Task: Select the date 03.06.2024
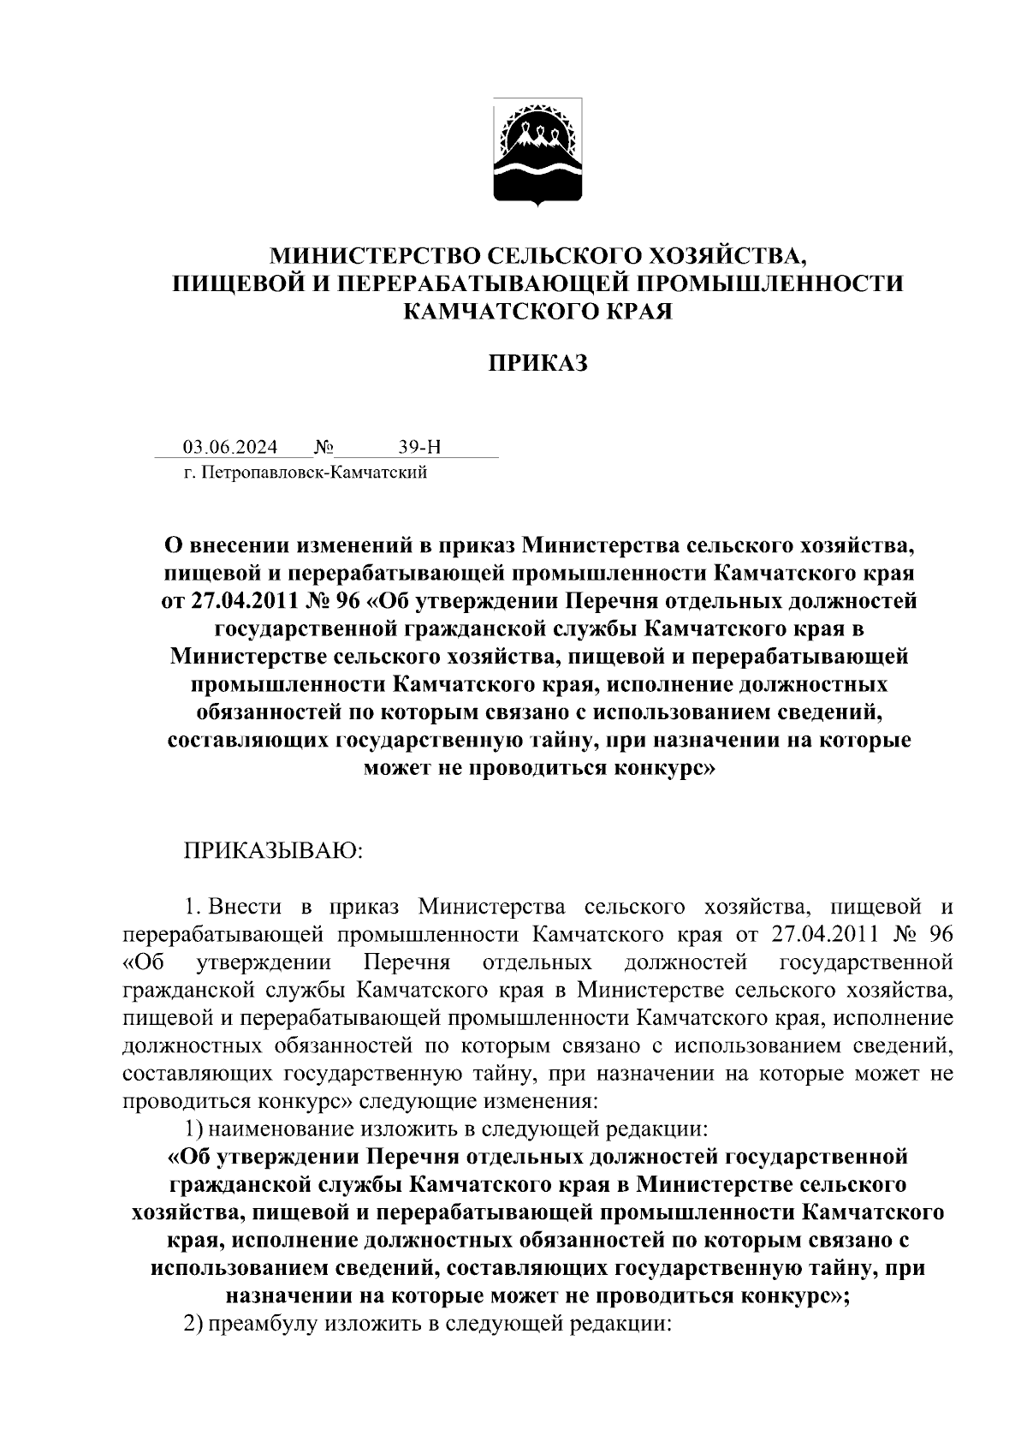tap(229, 447)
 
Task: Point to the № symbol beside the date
tap(324, 447)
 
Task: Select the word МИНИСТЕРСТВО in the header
tap(375, 255)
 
